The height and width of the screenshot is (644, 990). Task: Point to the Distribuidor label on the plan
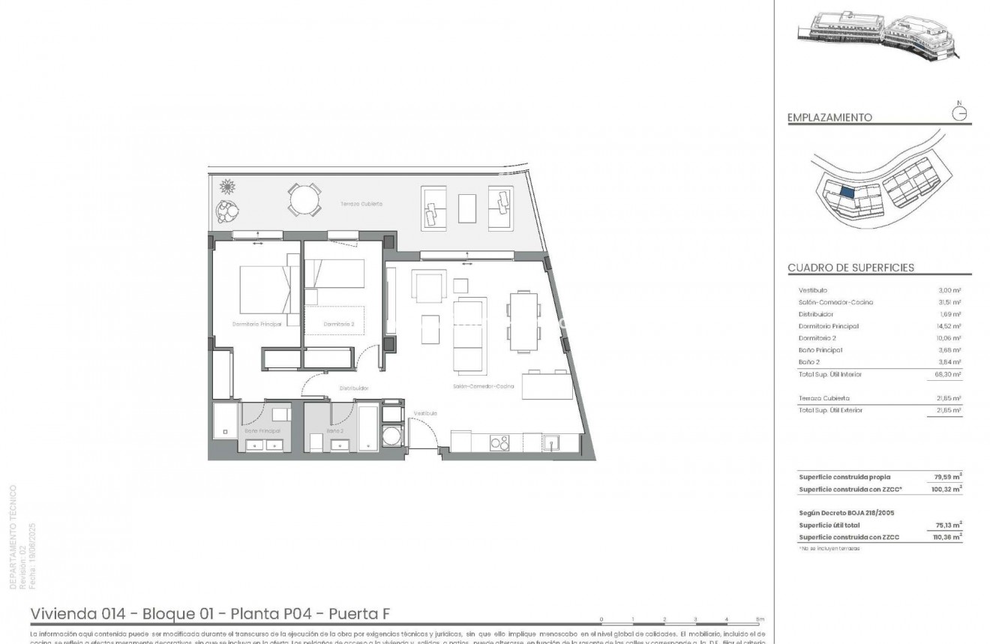coord(353,388)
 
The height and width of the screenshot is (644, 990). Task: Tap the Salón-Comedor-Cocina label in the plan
coord(483,386)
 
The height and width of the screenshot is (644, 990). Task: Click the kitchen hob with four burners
coord(499,443)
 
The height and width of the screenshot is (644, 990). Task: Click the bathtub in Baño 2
coord(368,427)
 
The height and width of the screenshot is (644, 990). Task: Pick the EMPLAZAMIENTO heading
coord(829,118)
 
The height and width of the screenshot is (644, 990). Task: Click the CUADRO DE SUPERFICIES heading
coord(850,268)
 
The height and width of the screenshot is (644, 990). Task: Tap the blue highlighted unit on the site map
coord(846,192)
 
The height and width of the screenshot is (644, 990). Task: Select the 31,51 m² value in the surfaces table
coord(949,302)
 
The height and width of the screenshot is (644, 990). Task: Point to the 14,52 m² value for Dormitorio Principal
coord(949,326)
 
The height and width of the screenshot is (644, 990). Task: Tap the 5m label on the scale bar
coord(760,619)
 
